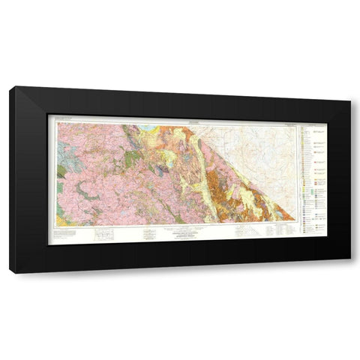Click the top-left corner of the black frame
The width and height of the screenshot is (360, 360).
(x=10, y=88)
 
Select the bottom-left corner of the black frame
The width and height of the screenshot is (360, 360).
(x=10, y=272)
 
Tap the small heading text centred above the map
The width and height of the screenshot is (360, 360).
(x=172, y=118)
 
